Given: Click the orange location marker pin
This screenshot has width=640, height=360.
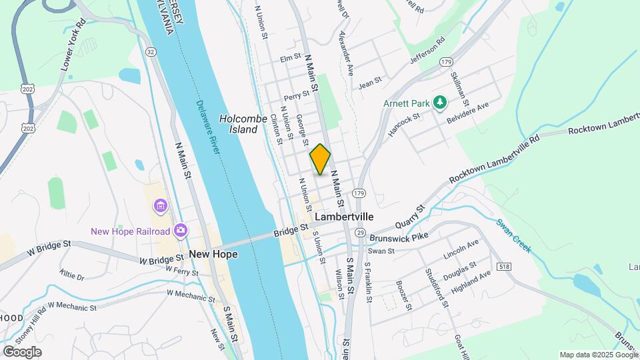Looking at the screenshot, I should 320,159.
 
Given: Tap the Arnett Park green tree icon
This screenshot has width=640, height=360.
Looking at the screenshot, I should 439,102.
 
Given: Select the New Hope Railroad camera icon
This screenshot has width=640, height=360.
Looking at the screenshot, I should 180,231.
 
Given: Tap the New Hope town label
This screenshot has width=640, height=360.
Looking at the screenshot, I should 213,254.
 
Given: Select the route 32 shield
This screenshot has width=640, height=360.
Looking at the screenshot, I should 151,51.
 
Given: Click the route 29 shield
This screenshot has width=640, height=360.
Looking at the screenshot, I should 359,232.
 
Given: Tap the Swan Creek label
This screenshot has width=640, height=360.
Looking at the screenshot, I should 514,235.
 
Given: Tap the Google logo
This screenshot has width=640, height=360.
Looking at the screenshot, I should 22,351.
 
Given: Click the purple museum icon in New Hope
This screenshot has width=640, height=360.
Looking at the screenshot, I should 160,206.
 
